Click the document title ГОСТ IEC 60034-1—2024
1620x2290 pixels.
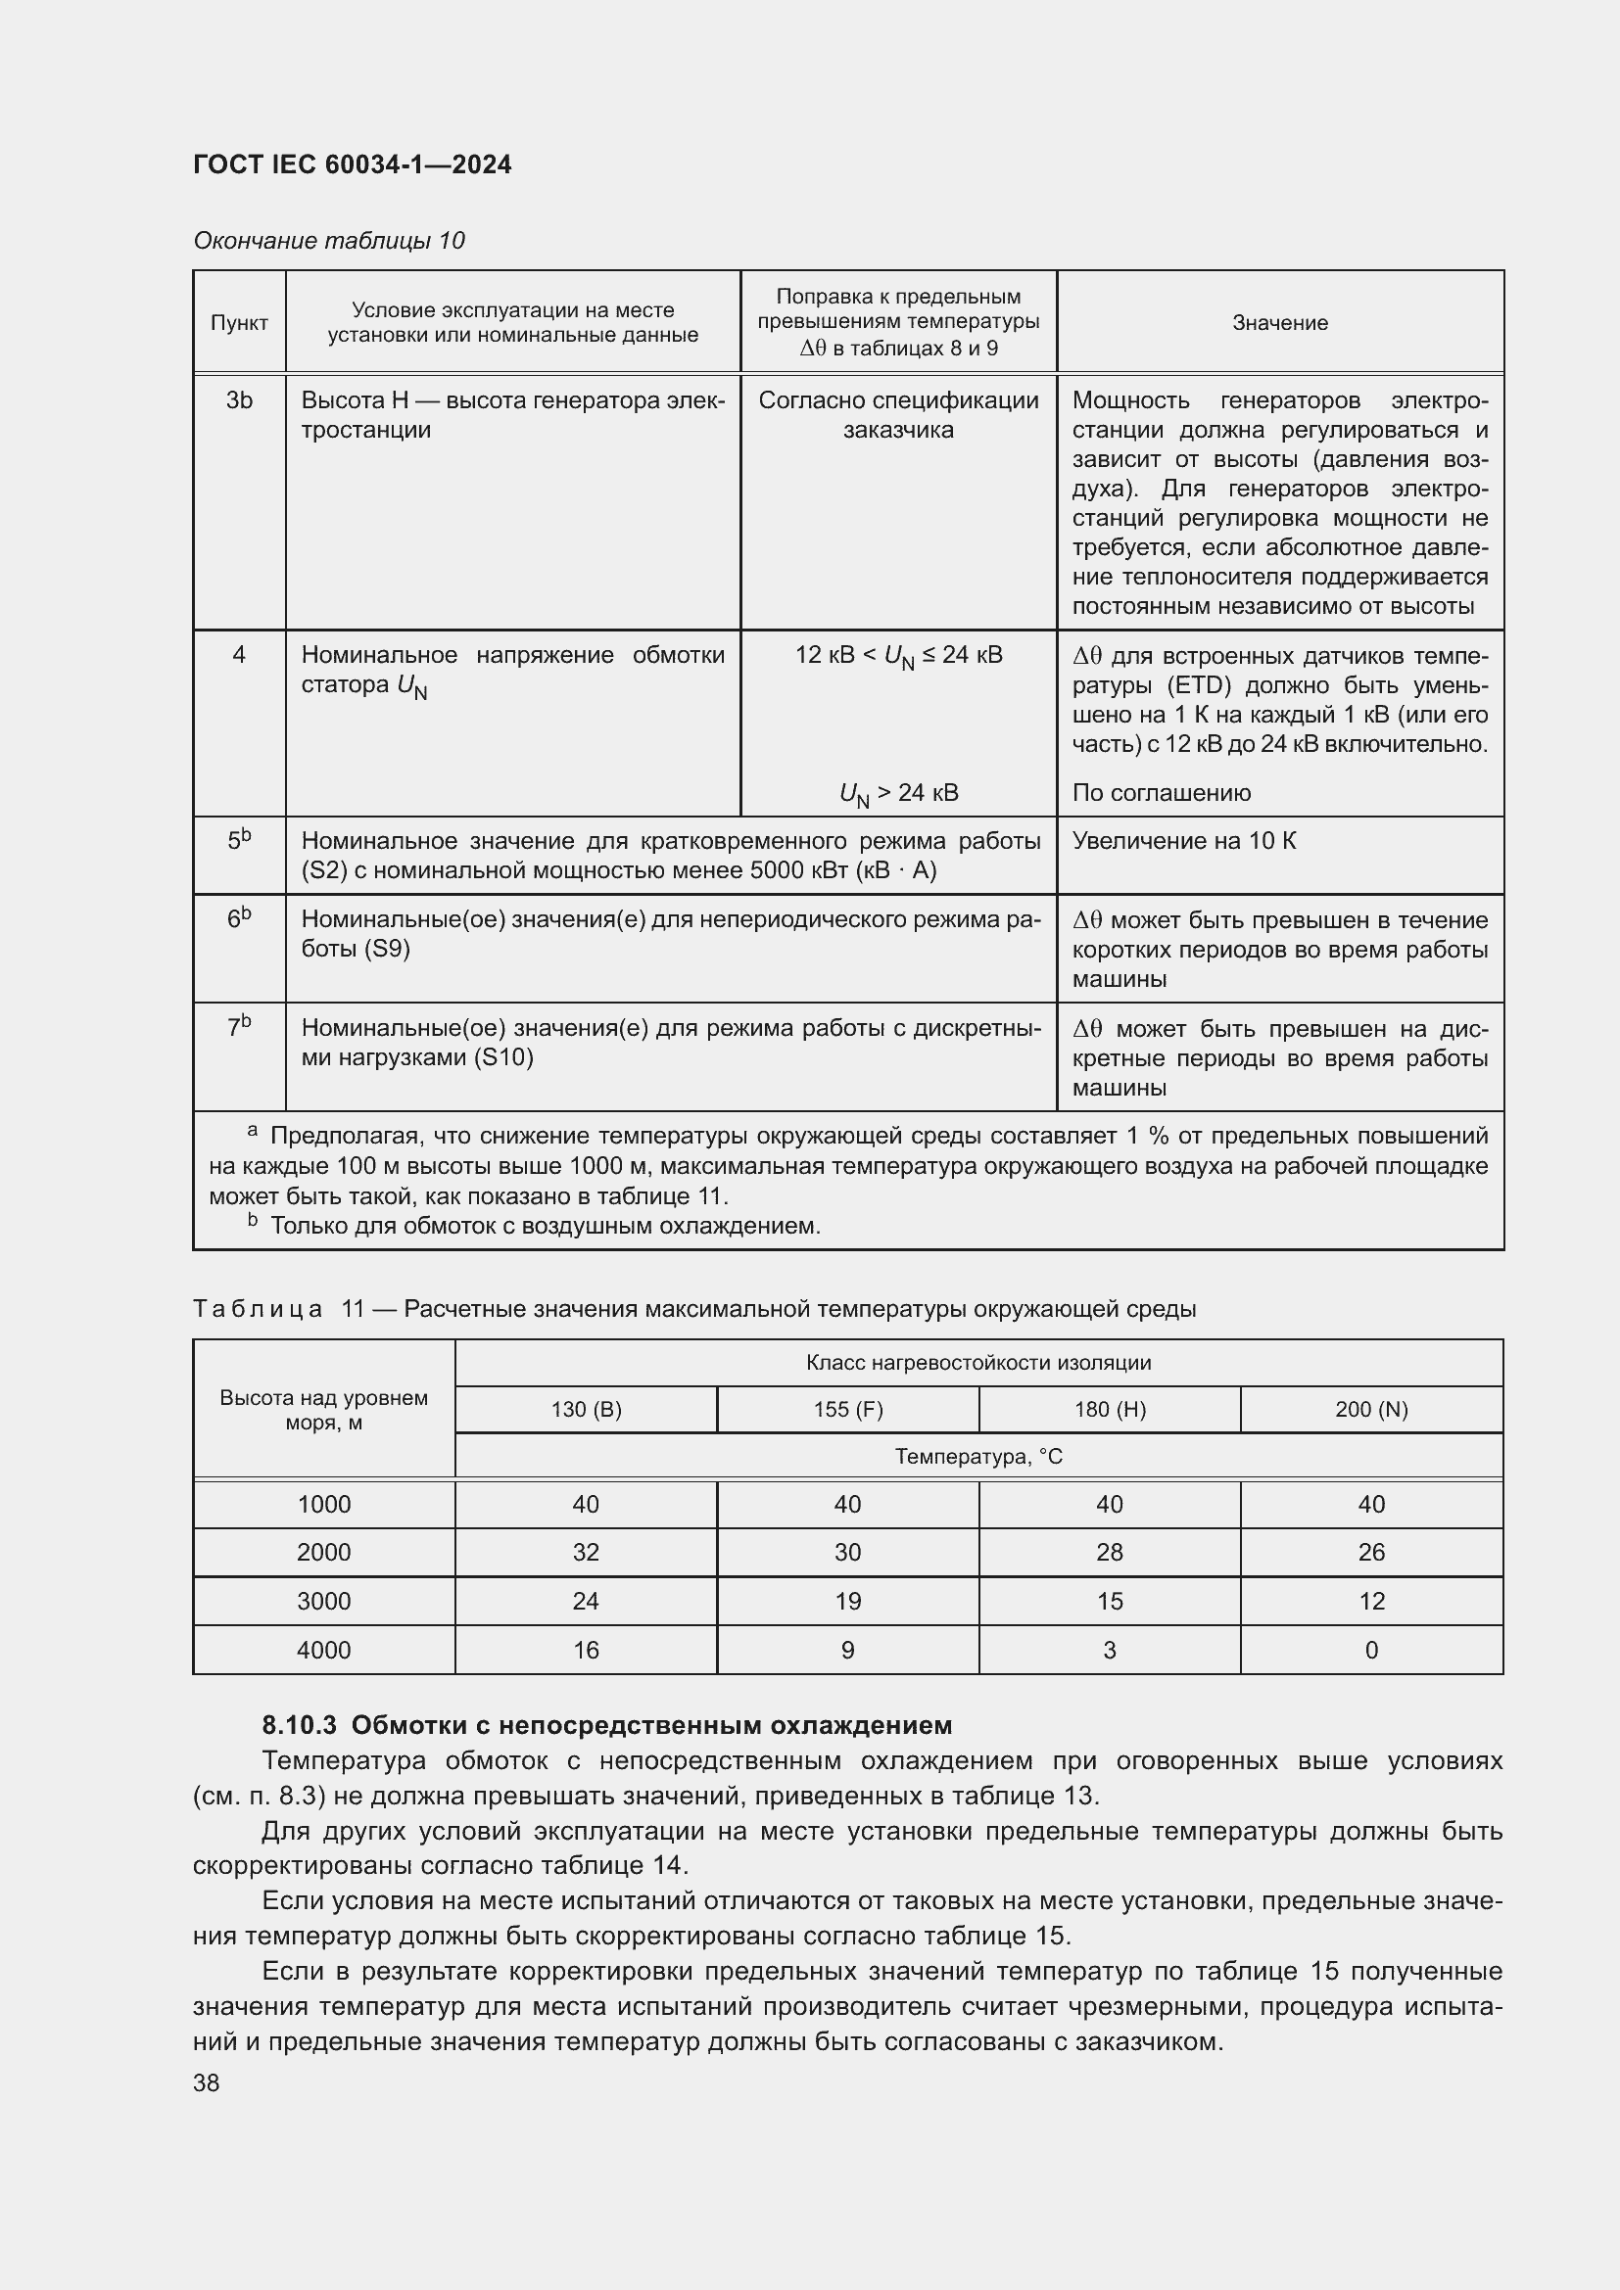353,164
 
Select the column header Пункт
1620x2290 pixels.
238,323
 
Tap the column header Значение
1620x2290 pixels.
1280,323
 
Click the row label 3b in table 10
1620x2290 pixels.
238,401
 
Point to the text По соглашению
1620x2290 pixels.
1162,793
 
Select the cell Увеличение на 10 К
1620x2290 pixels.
1184,841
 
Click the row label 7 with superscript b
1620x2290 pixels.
238,1026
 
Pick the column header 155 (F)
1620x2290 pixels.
848,1409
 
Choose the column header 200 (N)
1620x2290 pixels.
1371,1409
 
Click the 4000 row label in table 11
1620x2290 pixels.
324,1651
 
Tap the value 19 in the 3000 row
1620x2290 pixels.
848,1602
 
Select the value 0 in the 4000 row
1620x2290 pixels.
1371,1651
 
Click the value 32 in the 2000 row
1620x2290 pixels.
586,1552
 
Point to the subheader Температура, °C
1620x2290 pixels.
978,1457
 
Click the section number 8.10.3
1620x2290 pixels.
300,1725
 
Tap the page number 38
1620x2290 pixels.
207,2083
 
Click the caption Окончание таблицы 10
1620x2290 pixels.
329,241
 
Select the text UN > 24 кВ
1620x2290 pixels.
899,794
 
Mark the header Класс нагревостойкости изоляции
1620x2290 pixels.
978,1363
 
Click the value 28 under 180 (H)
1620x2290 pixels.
1110,1552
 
